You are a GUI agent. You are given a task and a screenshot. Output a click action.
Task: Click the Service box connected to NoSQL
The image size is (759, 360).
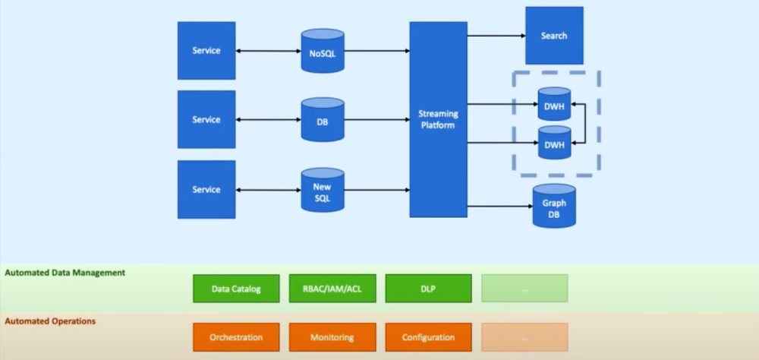pyautogui.click(x=206, y=50)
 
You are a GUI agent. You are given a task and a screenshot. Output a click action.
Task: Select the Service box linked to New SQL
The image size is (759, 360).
pyautogui.click(x=206, y=189)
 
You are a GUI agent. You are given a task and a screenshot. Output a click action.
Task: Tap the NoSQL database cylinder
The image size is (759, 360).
pyautogui.click(x=322, y=52)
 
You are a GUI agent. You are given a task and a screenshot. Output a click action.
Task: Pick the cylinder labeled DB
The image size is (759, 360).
pyautogui.click(x=322, y=121)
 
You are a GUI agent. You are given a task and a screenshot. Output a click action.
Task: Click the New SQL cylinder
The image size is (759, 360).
pyautogui.click(x=322, y=191)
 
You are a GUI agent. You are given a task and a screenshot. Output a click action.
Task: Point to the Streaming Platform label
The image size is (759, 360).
pyautogui.click(x=438, y=119)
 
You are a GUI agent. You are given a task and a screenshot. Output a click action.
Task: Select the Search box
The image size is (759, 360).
pyautogui.click(x=553, y=36)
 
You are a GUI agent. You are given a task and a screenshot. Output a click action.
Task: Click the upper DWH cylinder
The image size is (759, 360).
pyautogui.click(x=554, y=104)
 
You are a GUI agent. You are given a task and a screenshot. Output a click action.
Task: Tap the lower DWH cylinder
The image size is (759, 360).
pyautogui.click(x=554, y=142)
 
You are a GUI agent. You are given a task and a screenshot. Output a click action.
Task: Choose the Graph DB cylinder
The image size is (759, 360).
pyautogui.click(x=554, y=207)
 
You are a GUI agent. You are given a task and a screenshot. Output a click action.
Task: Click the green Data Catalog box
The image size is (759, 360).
pyautogui.click(x=236, y=289)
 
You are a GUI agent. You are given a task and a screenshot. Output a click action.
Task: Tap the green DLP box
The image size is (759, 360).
pyautogui.click(x=428, y=289)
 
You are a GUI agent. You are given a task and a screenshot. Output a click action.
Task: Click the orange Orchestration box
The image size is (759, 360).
pyautogui.click(x=236, y=337)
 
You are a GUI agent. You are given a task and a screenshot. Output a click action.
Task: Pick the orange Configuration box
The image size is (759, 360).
pyautogui.click(x=428, y=337)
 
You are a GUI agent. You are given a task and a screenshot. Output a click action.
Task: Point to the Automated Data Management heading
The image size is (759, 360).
pyautogui.click(x=65, y=272)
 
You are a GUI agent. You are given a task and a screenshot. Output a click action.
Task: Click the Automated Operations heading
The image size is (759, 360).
pyautogui.click(x=50, y=321)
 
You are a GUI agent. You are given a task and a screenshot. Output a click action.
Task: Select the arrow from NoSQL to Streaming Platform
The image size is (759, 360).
pyautogui.click(x=376, y=52)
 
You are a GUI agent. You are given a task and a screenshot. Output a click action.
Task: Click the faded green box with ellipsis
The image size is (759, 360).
pyautogui.click(x=524, y=289)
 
